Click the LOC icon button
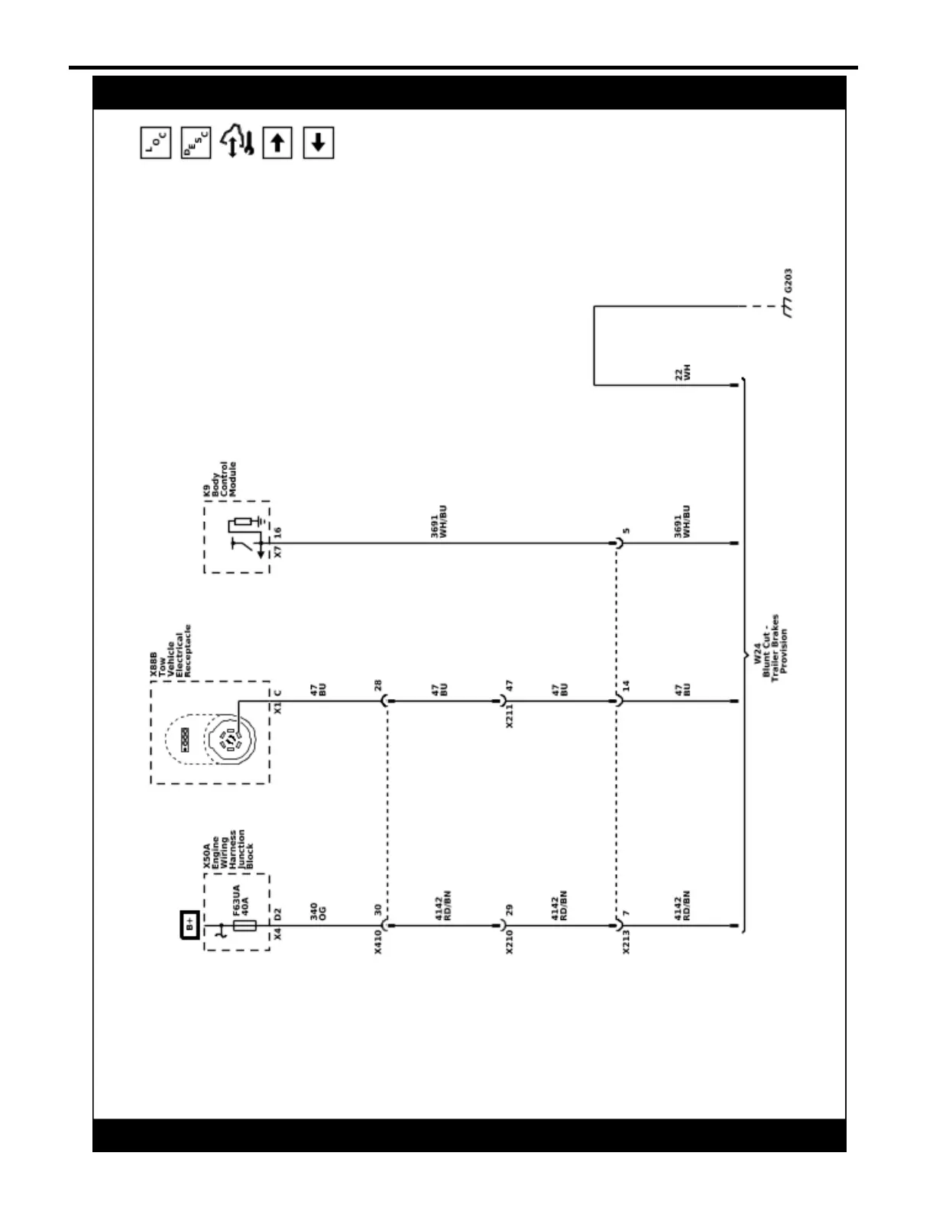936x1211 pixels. click(x=156, y=143)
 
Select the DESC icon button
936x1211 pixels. click(x=196, y=143)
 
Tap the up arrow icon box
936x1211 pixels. click(x=277, y=143)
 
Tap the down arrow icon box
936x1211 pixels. click(x=319, y=143)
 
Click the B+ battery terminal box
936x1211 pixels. click(x=189, y=925)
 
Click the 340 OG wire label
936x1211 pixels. click(x=318, y=911)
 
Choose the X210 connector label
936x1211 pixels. click(x=509, y=942)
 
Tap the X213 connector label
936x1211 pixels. click(x=626, y=942)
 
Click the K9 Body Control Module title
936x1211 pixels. click(x=219, y=479)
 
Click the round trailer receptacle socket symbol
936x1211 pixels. click(x=231, y=740)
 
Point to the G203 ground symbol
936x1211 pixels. click(x=787, y=308)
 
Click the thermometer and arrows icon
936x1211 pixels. click(x=237, y=143)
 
